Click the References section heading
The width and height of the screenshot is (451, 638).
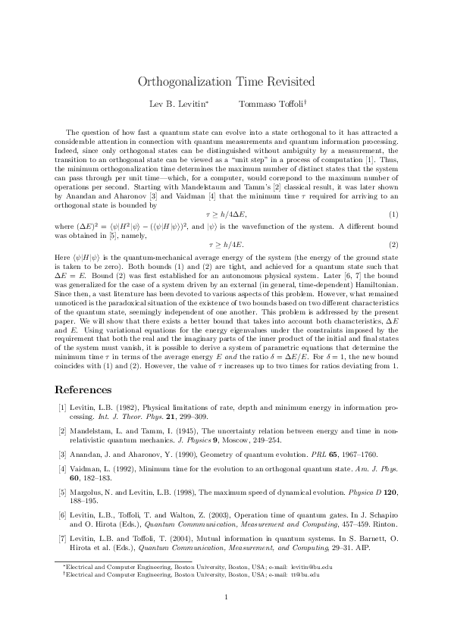tap(83, 389)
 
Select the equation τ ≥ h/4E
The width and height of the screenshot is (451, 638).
tap(225, 245)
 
